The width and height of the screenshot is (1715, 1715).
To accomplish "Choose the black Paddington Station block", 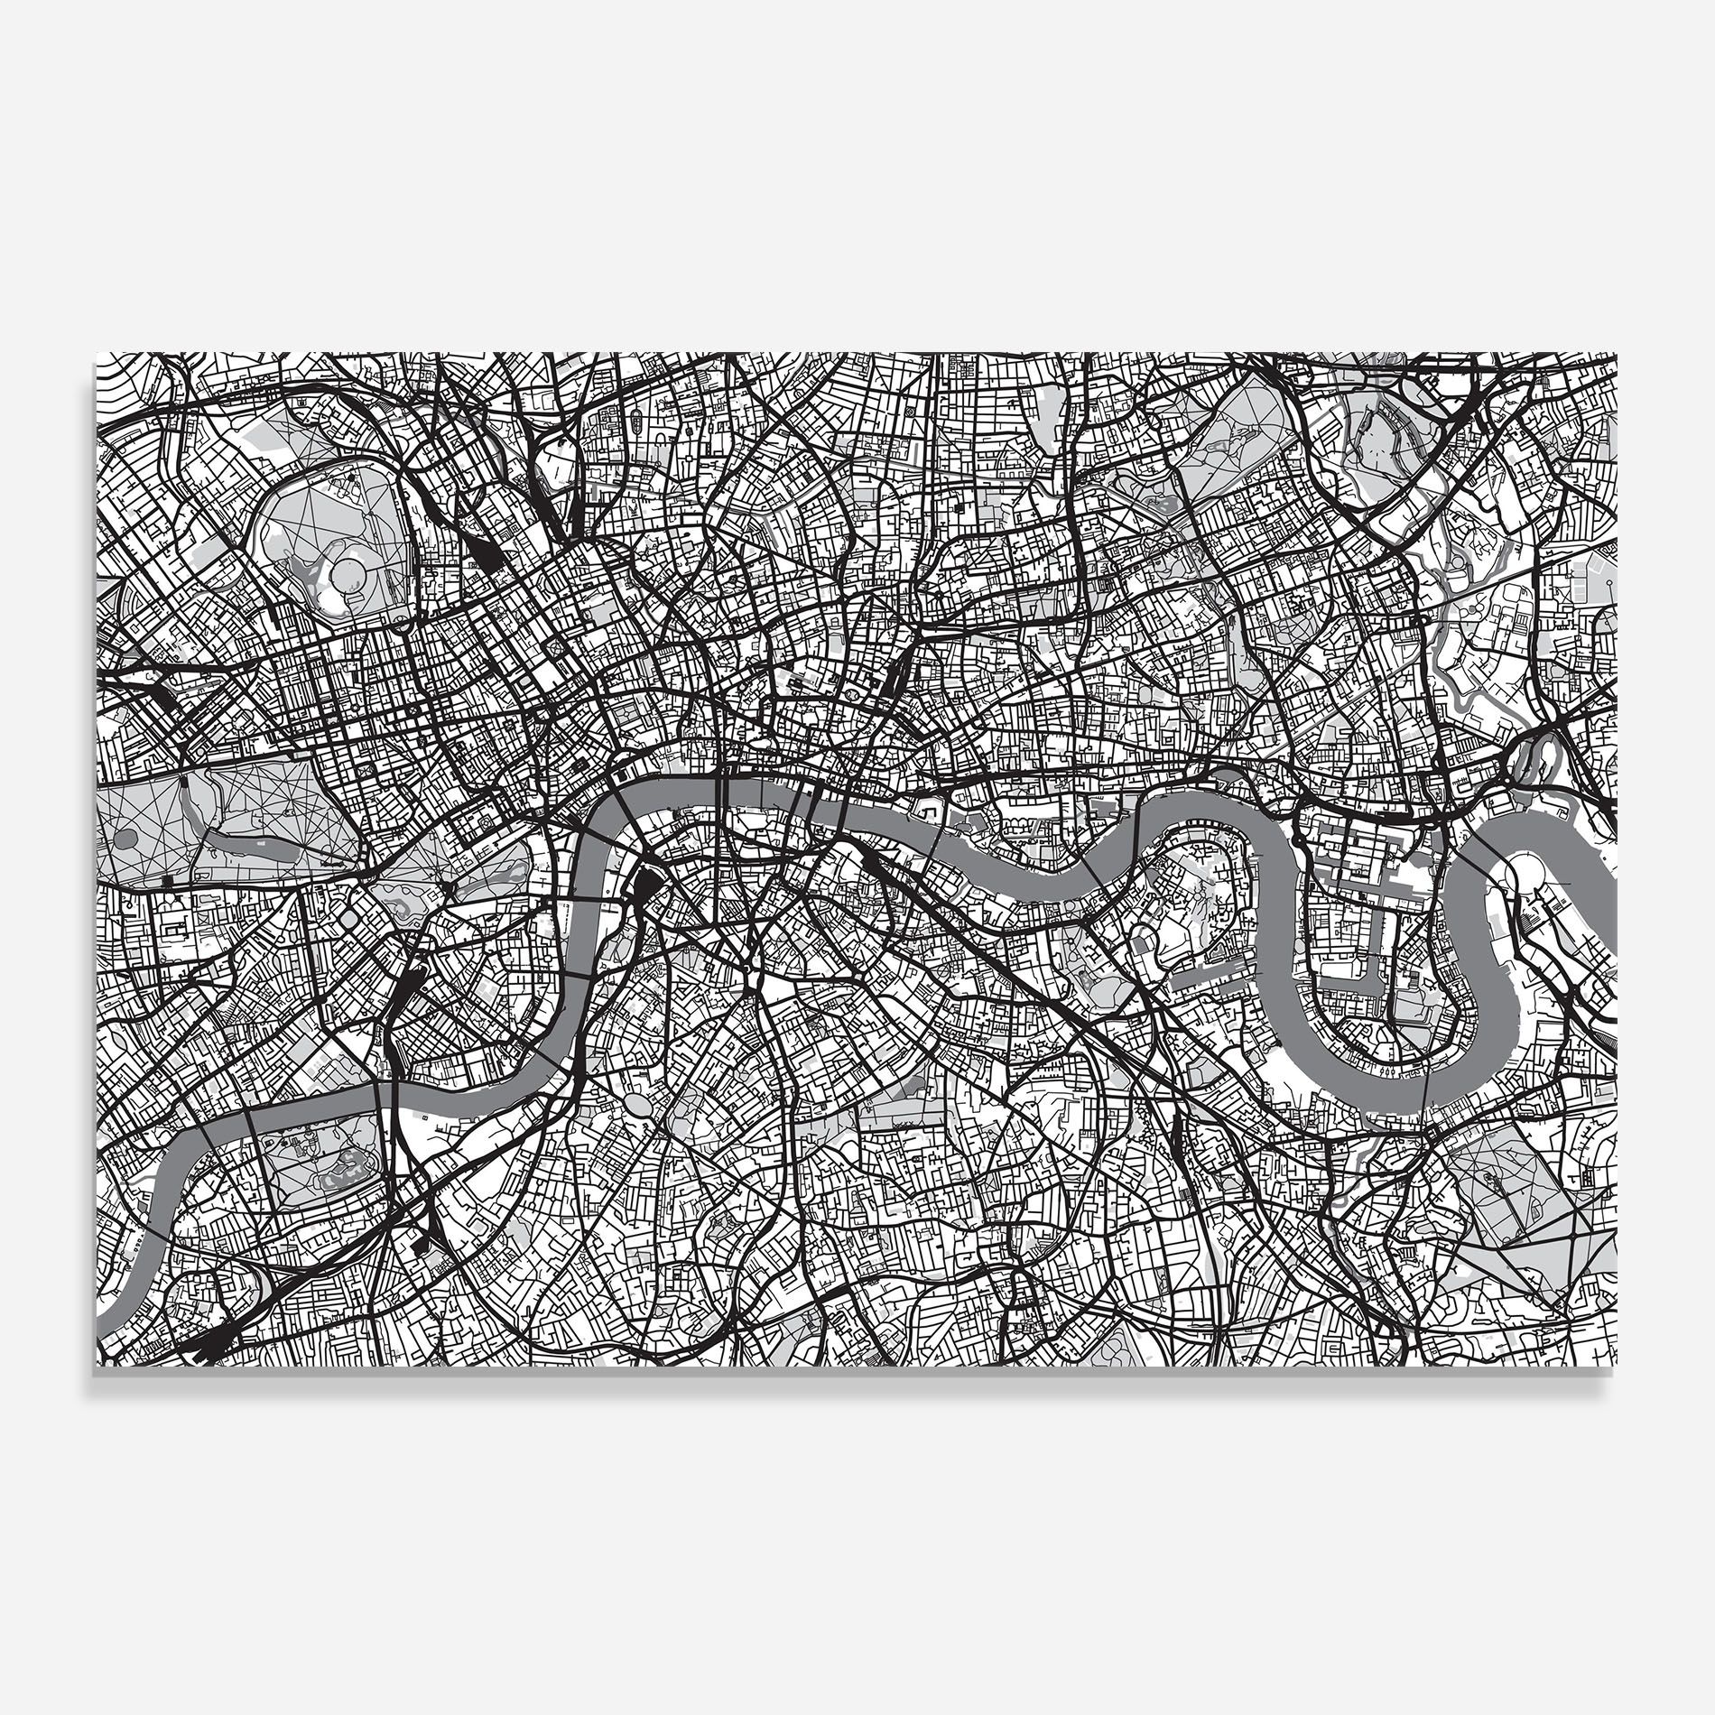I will pos(163,696).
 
